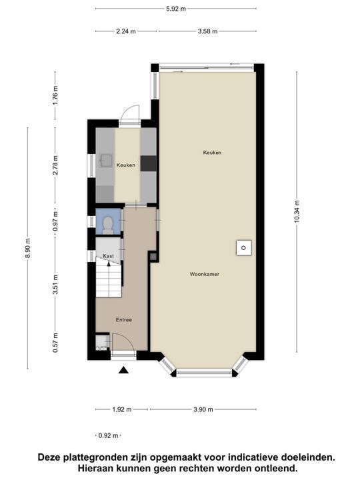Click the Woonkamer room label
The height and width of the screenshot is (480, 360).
(204, 274)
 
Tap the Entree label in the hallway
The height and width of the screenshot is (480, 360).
(123, 320)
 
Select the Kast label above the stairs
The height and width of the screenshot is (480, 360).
(109, 256)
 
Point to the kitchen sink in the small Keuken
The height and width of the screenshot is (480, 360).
(105, 160)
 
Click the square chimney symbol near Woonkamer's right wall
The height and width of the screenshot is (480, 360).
(244, 248)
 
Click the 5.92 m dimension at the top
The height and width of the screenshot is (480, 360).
(176, 9)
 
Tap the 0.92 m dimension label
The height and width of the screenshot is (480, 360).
(108, 435)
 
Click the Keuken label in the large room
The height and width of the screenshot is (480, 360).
(212, 153)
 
